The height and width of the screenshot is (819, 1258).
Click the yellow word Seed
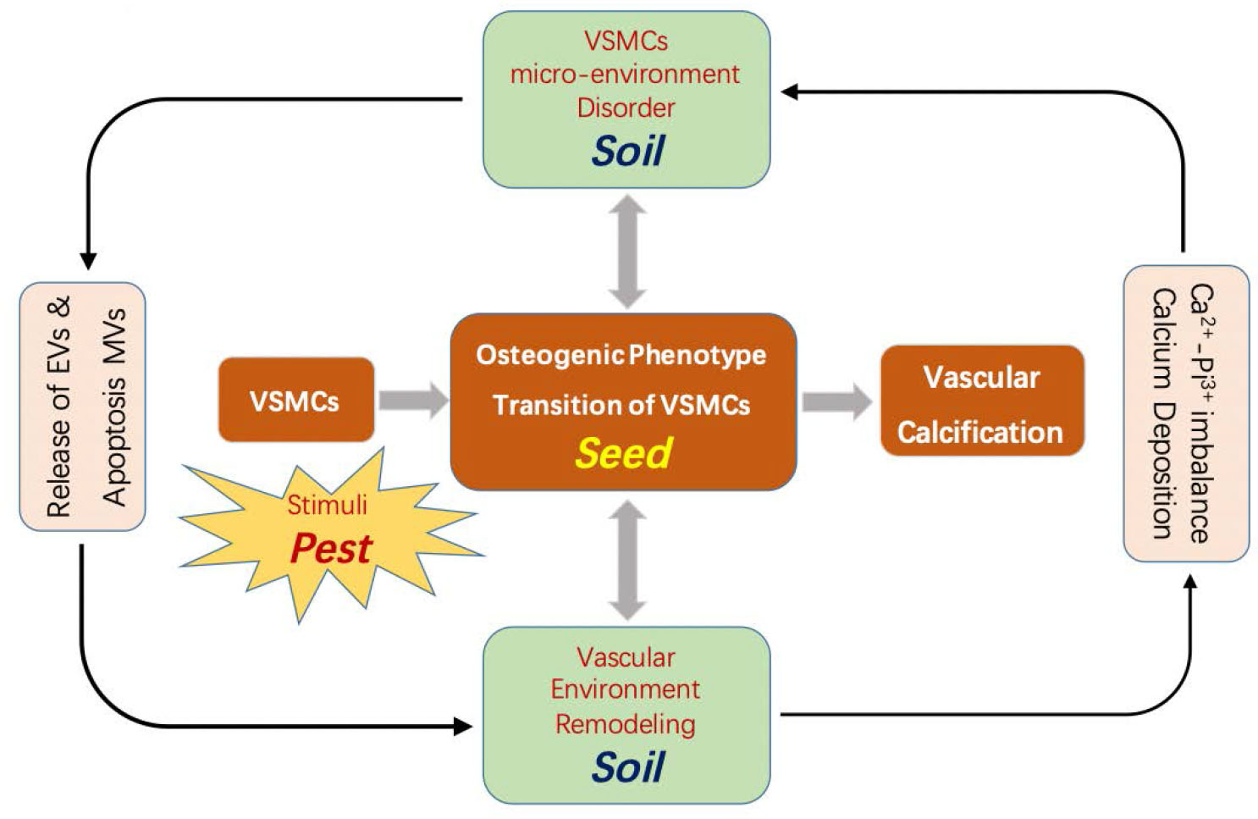pos(624,453)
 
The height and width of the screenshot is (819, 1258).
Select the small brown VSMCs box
pos(295,400)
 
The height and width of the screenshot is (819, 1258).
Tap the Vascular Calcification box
pos(981,401)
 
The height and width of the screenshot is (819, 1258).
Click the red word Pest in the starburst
pos(331,549)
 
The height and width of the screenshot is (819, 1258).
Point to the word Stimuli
pos(327,506)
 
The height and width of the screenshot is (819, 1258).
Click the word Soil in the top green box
pos(627,151)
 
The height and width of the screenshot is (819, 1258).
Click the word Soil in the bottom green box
pos(627,767)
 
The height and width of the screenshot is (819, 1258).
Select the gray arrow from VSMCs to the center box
pos(413,401)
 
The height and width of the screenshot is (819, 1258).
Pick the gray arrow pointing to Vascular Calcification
pos(836,401)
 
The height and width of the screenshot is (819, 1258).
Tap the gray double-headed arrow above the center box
pos(627,252)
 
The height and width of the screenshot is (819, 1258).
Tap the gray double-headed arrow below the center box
pos(627,560)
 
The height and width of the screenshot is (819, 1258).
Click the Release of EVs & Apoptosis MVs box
pos(83,407)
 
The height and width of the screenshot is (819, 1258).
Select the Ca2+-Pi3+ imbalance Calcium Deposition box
pos(1185,413)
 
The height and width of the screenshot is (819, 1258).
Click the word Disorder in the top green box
pos(626,108)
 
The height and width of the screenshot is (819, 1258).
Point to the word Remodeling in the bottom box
pos(625,724)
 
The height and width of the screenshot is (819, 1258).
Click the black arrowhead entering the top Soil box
pos(791,91)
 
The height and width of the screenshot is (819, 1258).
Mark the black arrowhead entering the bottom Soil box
pos(462,726)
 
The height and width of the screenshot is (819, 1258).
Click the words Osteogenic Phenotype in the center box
pos(621,354)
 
